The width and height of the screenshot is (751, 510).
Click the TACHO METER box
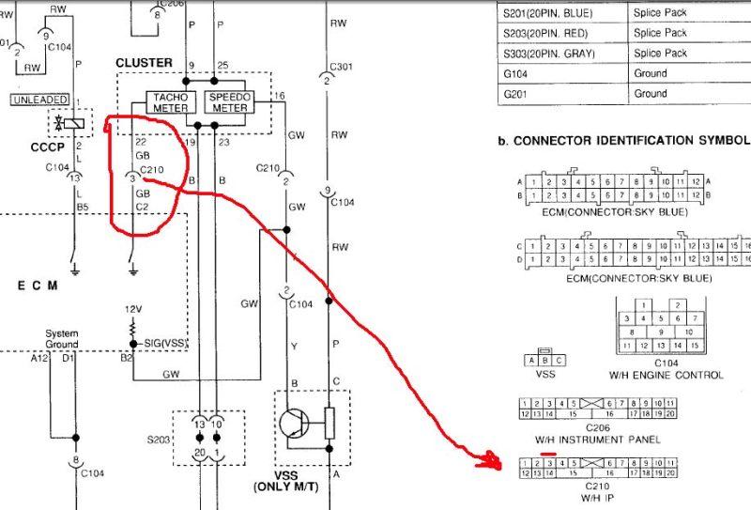point(170,102)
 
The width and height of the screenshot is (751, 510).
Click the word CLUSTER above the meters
point(144,63)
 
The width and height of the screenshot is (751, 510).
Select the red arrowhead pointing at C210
point(489,459)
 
